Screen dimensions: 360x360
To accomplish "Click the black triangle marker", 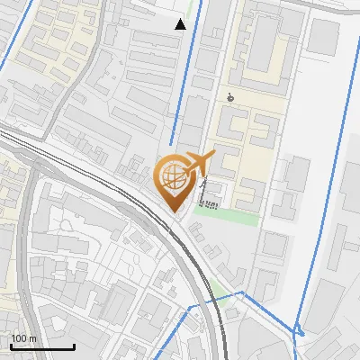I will (181, 24).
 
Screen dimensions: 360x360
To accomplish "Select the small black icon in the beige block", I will (231, 97).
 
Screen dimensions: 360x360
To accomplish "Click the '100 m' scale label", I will (23, 338).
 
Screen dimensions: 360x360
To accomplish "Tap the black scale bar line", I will (42, 346).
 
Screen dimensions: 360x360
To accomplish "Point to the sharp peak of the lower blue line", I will (241, 292).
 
